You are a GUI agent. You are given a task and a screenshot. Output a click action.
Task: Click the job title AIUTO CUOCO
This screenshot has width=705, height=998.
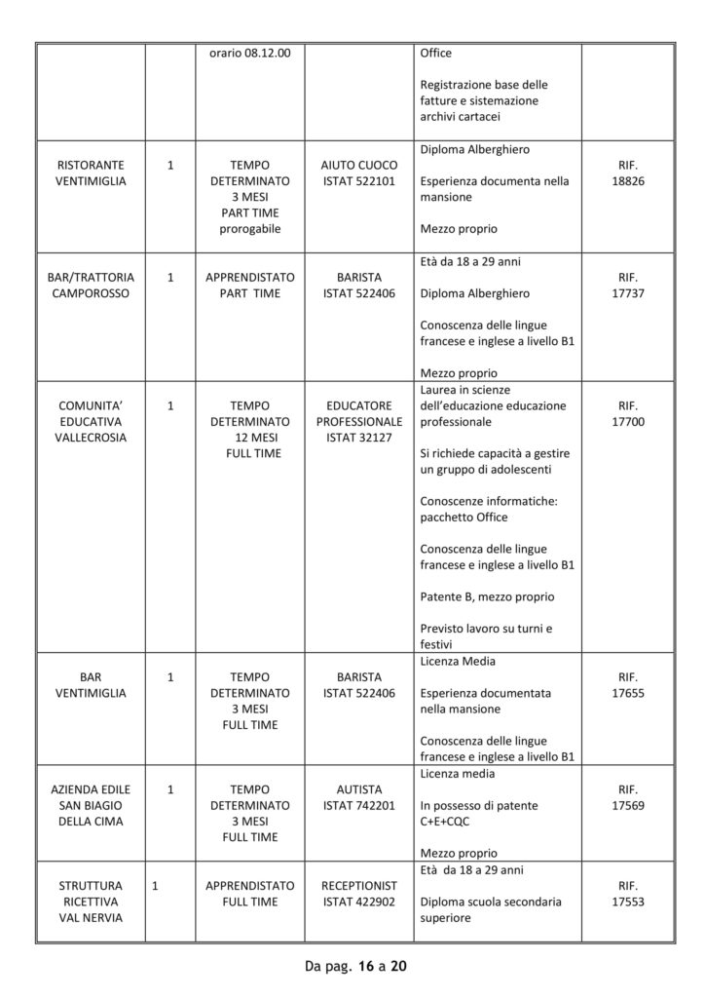point(358,166)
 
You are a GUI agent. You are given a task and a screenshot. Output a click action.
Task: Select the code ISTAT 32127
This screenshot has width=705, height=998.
point(358,438)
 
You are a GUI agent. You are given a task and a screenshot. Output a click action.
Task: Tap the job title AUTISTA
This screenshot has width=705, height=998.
point(358,789)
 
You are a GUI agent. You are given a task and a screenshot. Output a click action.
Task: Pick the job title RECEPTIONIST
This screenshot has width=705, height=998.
point(358,886)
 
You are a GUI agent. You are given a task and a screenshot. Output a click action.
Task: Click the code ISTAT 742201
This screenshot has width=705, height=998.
point(358,805)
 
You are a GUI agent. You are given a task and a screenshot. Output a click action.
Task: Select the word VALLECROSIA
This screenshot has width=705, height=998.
point(96,438)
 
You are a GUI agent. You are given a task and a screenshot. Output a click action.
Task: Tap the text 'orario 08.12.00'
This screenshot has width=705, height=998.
point(250,53)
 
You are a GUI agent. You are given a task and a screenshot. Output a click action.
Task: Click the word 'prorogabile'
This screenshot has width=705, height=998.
point(250,229)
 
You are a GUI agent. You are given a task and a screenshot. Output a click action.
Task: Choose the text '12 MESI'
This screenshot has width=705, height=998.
point(250,438)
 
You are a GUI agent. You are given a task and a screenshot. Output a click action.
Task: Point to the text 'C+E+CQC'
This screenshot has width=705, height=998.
point(447,822)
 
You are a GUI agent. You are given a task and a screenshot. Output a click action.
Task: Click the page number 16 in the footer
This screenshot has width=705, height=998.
point(365,966)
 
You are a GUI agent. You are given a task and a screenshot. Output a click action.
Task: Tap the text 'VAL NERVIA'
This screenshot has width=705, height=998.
point(96,917)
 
